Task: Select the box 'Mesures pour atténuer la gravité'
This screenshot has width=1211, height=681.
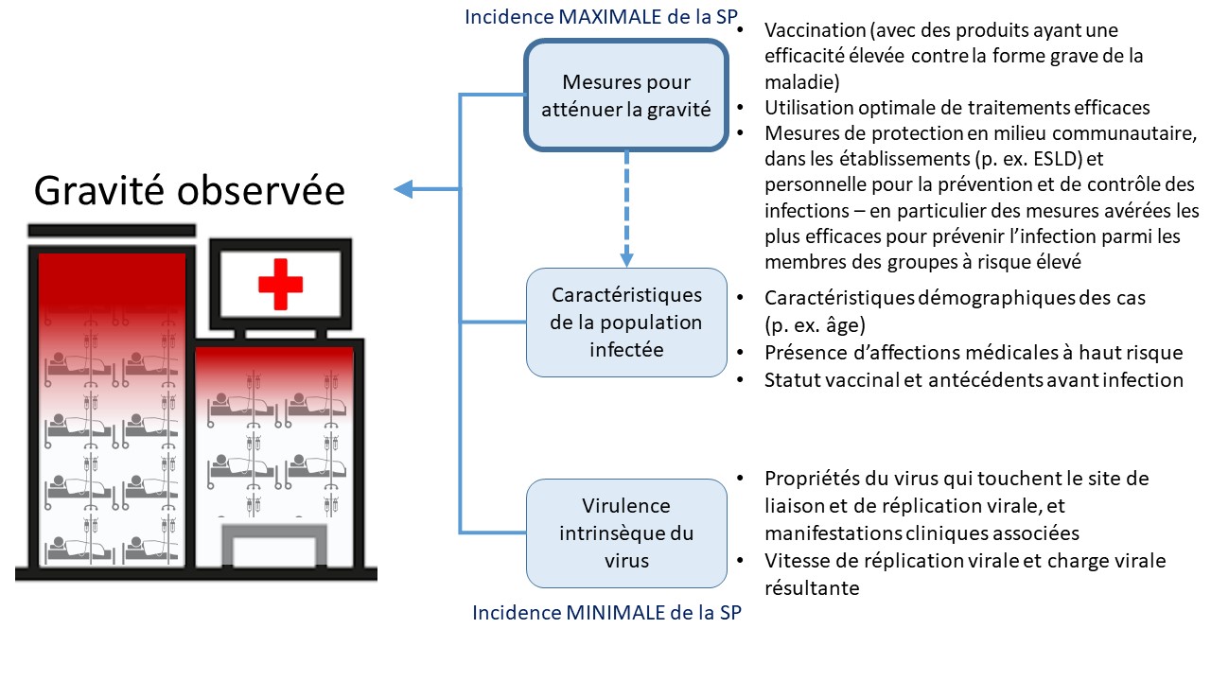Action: click(x=627, y=96)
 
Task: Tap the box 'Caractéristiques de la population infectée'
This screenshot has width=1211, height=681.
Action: click(x=627, y=322)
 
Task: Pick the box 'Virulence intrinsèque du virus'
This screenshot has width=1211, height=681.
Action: click(x=627, y=533)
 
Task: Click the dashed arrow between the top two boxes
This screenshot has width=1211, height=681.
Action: click(x=625, y=208)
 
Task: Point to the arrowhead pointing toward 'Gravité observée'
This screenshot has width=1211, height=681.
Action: click(x=404, y=189)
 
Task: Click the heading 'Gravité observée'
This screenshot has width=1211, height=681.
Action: click(x=189, y=191)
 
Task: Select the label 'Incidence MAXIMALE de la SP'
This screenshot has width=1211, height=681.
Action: click(x=602, y=17)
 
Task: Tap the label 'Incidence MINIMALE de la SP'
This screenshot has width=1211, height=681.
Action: click(x=606, y=612)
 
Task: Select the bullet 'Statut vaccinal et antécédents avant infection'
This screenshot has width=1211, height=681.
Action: click(x=974, y=380)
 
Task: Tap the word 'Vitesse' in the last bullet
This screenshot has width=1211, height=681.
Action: click(x=796, y=561)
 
